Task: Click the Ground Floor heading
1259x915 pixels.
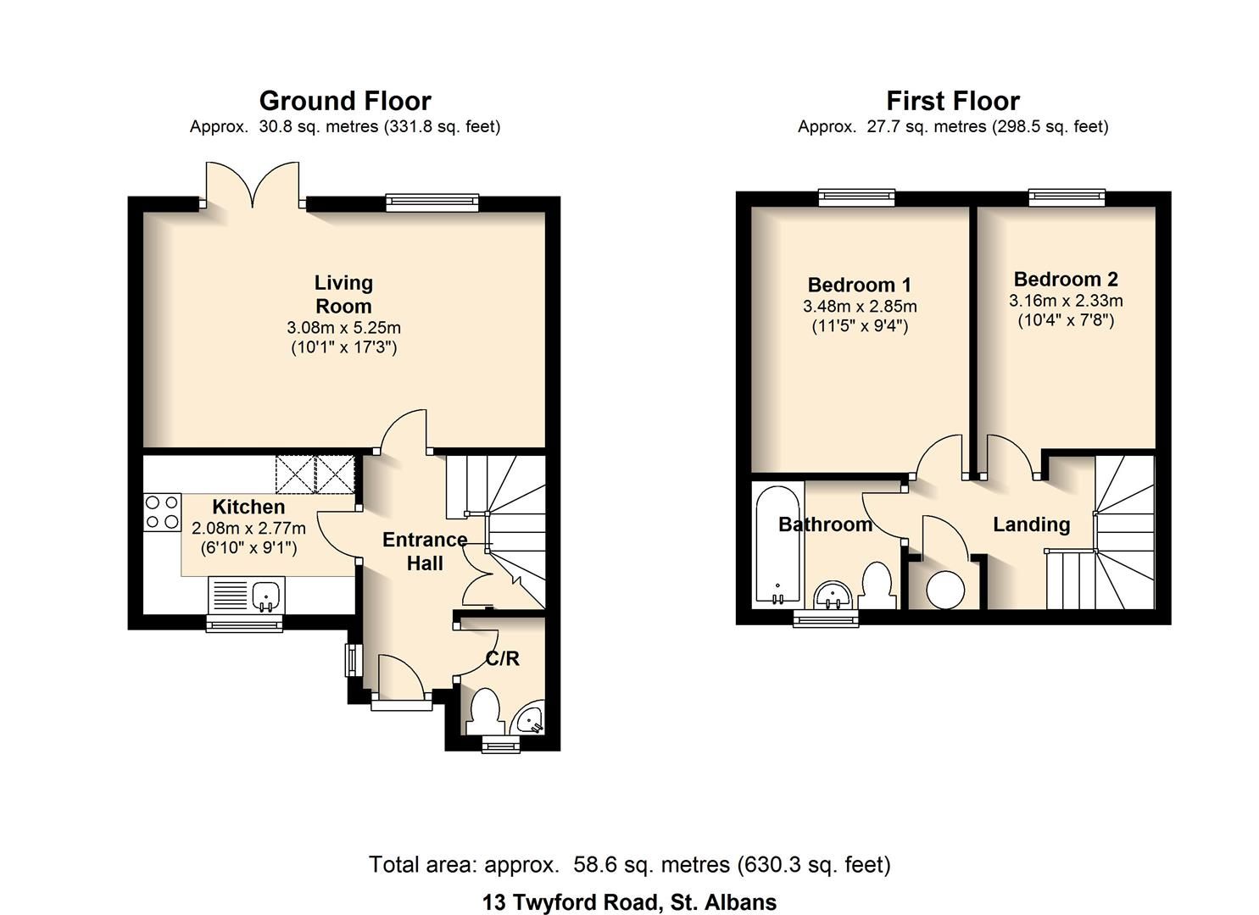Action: (345, 101)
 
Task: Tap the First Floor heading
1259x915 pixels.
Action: (952, 101)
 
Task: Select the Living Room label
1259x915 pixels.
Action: (343, 294)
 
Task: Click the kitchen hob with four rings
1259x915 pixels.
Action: (162, 512)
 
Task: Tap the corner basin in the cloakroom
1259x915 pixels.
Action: (532, 720)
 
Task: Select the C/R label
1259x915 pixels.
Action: (502, 658)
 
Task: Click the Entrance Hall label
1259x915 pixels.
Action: (425, 551)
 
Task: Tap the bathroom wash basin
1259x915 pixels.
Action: (833, 595)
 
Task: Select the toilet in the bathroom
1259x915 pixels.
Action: (877, 587)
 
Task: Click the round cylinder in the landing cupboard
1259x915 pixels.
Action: (944, 589)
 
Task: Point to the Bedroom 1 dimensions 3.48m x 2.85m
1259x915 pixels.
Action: (860, 307)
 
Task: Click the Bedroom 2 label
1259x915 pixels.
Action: (1066, 280)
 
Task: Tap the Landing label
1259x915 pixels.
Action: (1031, 524)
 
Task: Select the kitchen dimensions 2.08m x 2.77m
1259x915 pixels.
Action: (248, 528)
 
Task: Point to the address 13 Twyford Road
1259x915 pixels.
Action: (629, 902)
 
